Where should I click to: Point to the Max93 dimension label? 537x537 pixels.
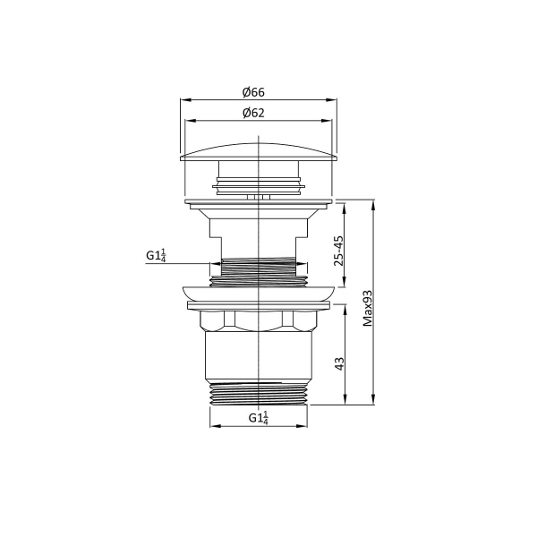pyautogui.click(x=367, y=307)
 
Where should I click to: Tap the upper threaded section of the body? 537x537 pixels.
pyautogui.click(x=258, y=268)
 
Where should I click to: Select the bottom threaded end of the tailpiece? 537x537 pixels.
pyautogui.click(x=258, y=394)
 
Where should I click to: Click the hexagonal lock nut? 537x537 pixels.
pyautogui.click(x=258, y=321)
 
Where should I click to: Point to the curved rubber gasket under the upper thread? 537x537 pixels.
pyautogui.click(x=258, y=293)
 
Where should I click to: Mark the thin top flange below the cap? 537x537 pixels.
pyautogui.click(x=258, y=201)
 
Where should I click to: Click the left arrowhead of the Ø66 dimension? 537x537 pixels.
pyautogui.click(x=184, y=100)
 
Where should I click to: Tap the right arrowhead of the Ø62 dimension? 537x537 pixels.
pyautogui.click(x=328, y=121)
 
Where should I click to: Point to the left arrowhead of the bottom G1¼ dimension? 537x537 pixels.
pyautogui.click(x=212, y=425)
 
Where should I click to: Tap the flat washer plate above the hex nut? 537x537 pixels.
pyautogui.click(x=258, y=306)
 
